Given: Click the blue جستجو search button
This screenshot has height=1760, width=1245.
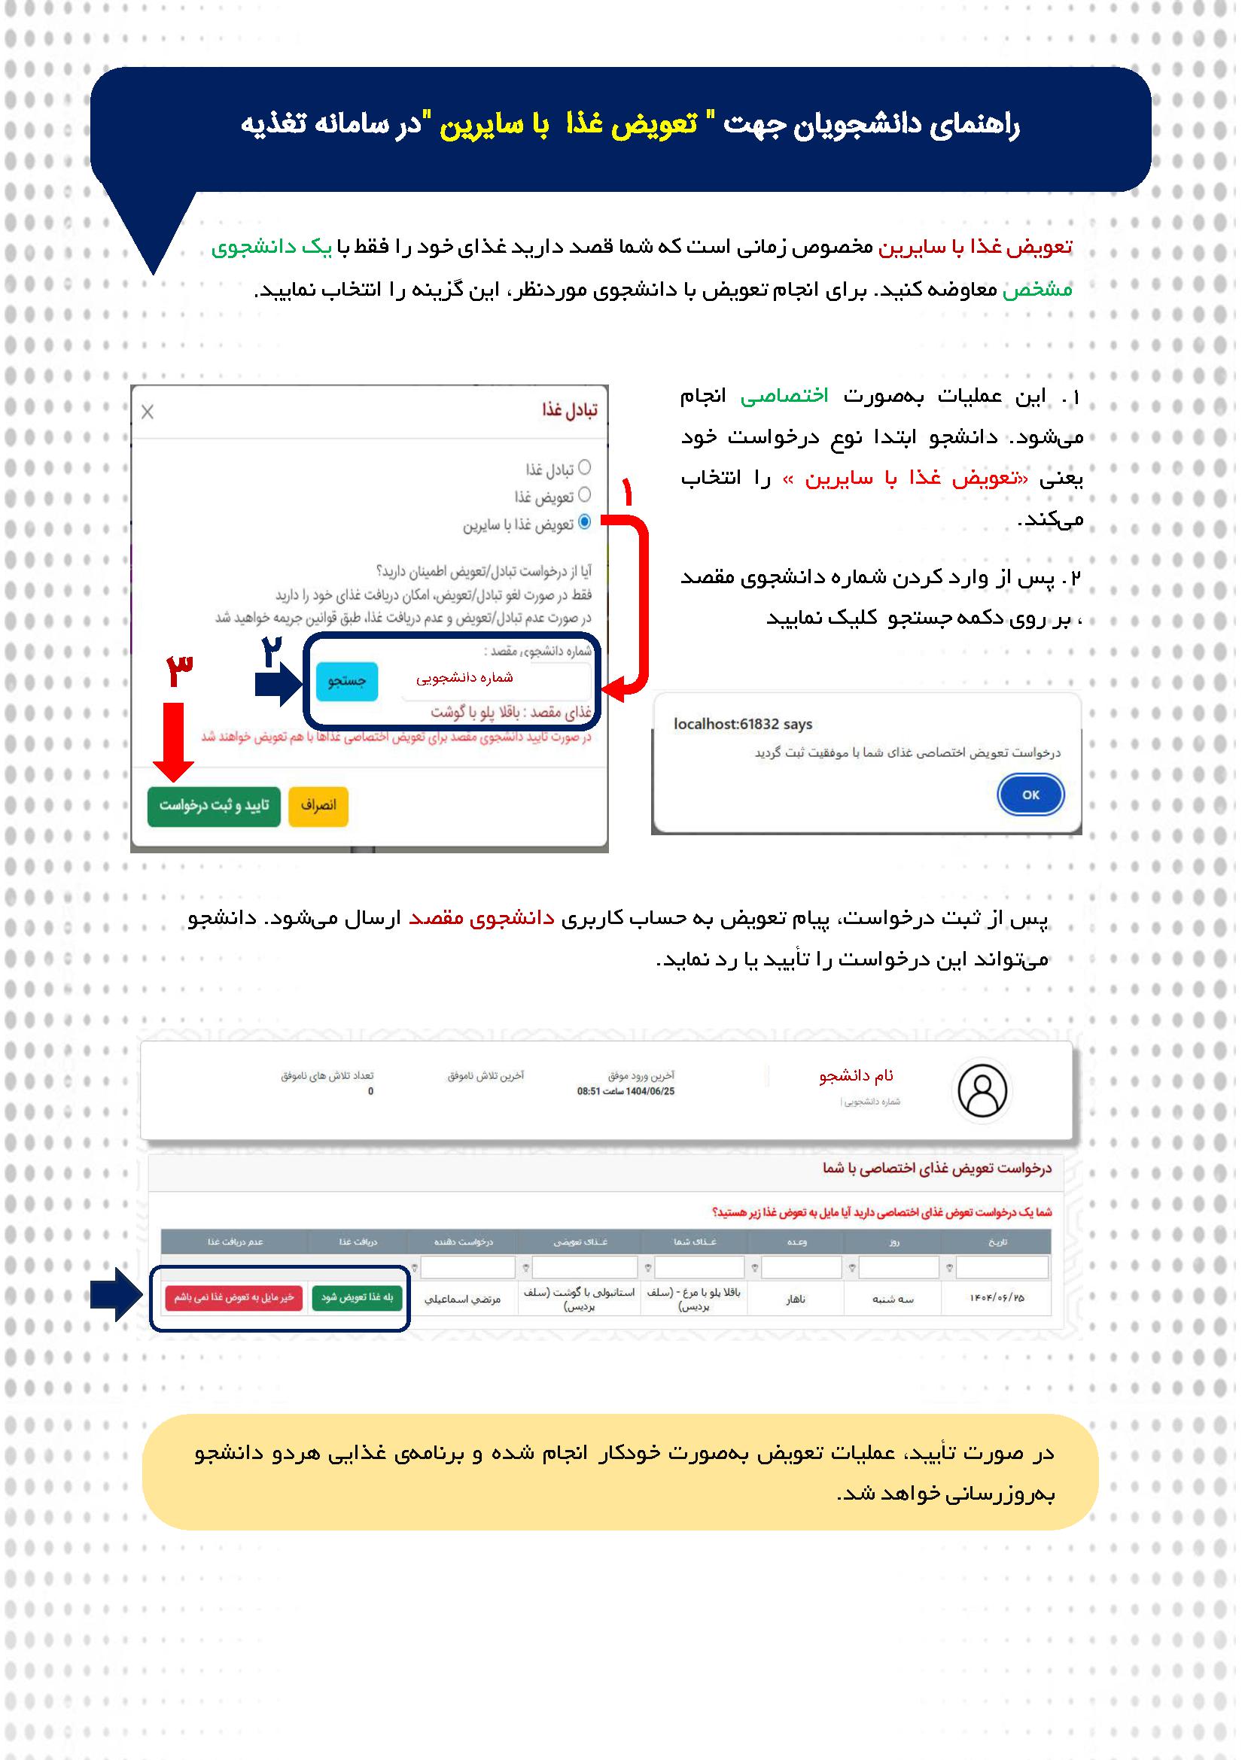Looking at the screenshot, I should point(346,681).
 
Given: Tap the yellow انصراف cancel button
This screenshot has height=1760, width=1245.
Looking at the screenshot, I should point(318,805).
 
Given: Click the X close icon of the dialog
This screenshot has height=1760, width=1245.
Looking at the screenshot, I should point(148,412).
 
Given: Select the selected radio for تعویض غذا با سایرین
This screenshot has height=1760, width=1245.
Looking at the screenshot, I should point(584,522).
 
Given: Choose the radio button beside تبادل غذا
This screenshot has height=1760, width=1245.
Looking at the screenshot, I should point(584,467).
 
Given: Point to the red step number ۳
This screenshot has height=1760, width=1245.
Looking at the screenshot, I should point(179,671).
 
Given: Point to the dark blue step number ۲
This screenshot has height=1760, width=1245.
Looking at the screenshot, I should point(272,653).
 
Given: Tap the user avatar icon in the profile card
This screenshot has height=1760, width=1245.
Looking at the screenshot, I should point(983,1090).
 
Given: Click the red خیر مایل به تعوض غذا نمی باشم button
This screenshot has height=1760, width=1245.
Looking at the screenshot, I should point(234,1298).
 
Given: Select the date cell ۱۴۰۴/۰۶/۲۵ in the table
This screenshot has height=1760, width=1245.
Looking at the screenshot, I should point(997,1298).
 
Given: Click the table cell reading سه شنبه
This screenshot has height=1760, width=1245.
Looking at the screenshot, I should point(894,1299).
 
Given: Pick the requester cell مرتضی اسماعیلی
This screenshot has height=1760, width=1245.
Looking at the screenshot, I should point(463,1299).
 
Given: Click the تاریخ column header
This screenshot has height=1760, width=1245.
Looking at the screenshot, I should point(997,1242).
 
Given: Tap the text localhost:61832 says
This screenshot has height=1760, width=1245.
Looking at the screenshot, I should point(742,725).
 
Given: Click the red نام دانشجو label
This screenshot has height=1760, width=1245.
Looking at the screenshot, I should point(856,1076).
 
